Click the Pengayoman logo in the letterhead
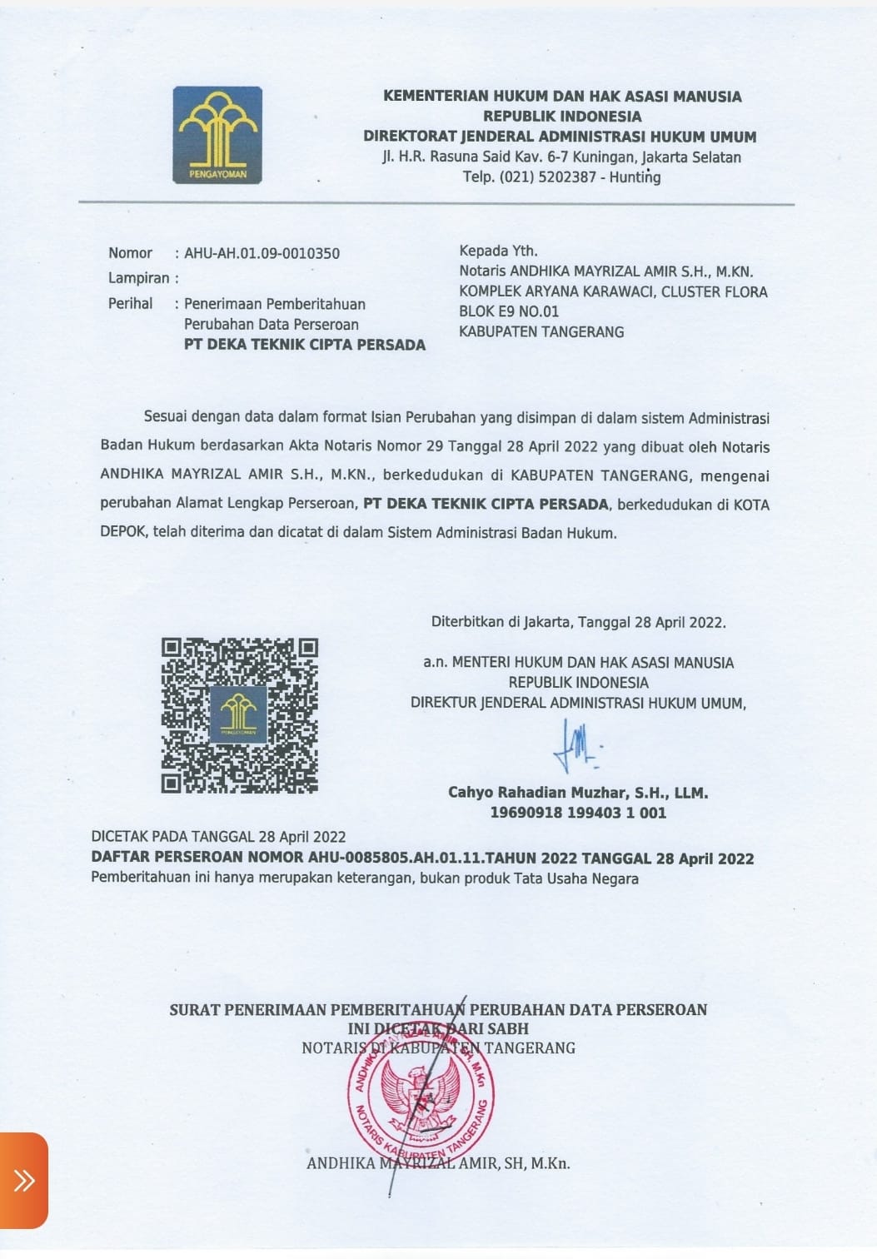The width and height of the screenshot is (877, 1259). tap(217, 135)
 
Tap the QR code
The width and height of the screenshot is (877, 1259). tap(240, 715)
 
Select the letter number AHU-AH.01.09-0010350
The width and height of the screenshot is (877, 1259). tap(262, 253)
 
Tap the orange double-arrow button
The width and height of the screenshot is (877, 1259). tap(23, 1180)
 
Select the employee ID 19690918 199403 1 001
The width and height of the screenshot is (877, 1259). tap(578, 813)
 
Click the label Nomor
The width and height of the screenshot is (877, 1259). tap(130, 253)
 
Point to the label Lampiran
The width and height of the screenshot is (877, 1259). tap(138, 278)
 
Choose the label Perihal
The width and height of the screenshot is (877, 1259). tap(130, 304)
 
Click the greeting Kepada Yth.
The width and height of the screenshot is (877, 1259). tap(498, 251)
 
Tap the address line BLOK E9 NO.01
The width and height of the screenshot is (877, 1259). tap(509, 311)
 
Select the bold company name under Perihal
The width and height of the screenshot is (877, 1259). tap(304, 345)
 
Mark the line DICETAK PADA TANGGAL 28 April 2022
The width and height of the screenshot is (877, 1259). tap(218, 837)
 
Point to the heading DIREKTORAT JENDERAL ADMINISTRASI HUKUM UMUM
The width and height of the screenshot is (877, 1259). tap(560, 137)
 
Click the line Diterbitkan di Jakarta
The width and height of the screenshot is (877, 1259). tap(578, 622)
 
